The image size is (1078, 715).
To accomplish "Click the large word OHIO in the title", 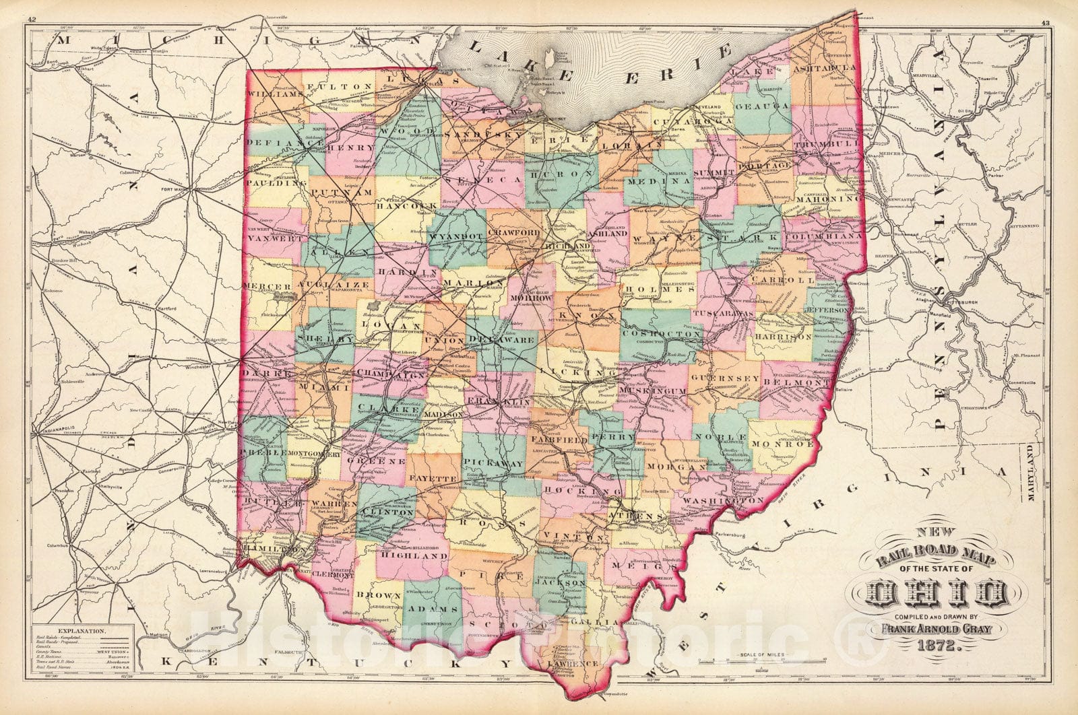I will coord(937,594).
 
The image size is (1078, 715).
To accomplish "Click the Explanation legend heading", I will coord(80,632).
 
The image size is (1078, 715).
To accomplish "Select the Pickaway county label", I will coord(494,465).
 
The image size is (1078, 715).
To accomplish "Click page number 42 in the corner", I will coord(33,4).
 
